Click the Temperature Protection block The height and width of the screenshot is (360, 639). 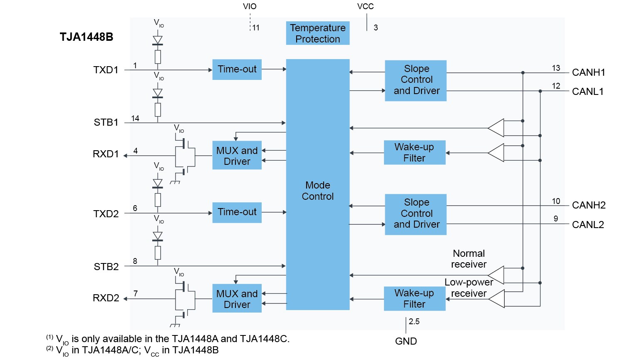tap(317, 33)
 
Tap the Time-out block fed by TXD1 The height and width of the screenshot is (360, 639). tap(237, 69)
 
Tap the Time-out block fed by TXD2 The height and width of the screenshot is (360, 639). tap(237, 212)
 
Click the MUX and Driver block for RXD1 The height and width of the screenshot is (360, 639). tap(237, 156)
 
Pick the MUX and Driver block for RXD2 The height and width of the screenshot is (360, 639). tap(237, 299)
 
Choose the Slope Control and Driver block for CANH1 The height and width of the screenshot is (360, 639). tap(416, 80)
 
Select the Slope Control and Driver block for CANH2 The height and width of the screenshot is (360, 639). tap(416, 214)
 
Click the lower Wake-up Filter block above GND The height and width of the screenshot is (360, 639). tap(414, 298)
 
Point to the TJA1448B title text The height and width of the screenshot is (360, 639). tap(86, 37)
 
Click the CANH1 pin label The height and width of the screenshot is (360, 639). tap(588, 72)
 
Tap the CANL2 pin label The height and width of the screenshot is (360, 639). tap(587, 225)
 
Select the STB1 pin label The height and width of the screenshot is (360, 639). tap(106, 122)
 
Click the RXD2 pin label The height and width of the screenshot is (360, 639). tap(106, 298)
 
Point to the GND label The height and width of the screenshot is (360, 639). tap(406, 341)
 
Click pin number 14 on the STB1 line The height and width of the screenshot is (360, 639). tap(135, 118)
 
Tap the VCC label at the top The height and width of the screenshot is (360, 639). tap(365, 7)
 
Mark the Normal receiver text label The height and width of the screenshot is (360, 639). tap(468, 259)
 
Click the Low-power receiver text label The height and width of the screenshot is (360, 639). tap(468, 288)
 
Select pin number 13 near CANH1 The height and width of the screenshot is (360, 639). tap(556, 68)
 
